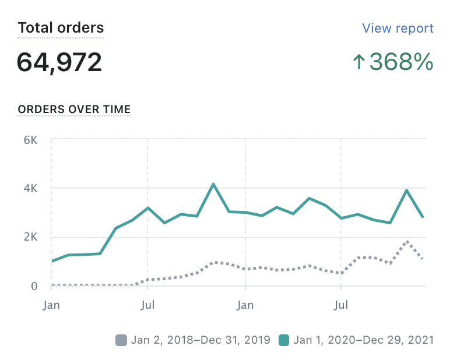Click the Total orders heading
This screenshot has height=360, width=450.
pos(61,27)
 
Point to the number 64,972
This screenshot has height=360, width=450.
pos(59,62)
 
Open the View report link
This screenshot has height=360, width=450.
pos(398,28)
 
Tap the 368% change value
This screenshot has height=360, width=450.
pos(401,62)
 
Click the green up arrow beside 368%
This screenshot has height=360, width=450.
pos(358,62)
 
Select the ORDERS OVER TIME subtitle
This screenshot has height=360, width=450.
pos(74,109)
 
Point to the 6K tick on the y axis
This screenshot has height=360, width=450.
pos(31,140)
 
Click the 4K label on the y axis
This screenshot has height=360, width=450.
pos(31,188)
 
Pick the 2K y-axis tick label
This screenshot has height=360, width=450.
pos(31,237)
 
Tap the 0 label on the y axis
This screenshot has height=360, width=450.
pos(34,286)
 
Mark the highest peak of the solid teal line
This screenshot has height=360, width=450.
pos(213,184)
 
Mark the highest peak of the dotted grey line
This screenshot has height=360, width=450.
pos(407,241)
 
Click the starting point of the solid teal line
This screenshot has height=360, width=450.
pos(52,261)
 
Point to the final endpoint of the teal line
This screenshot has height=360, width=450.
pos(423,217)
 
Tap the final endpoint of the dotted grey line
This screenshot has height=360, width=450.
pos(423,259)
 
